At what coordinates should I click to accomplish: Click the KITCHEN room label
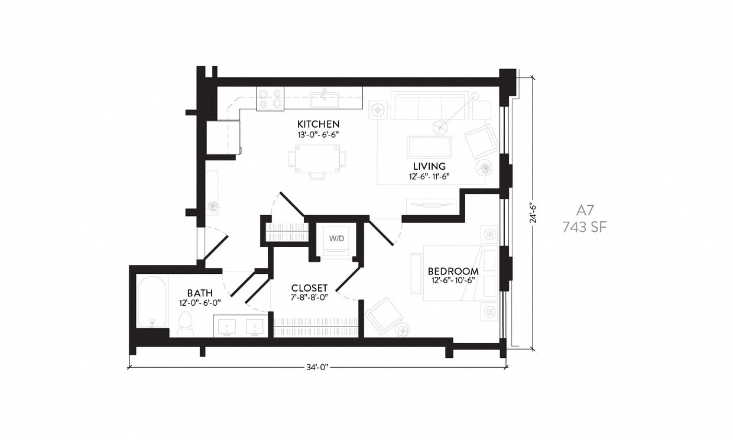(318, 124)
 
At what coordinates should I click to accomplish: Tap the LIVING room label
(429, 166)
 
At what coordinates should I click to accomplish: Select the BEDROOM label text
(453, 271)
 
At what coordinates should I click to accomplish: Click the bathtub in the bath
(152, 302)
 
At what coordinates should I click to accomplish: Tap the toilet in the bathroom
(185, 324)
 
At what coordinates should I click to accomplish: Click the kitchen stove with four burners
(270, 98)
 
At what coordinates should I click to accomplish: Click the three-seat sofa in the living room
(429, 107)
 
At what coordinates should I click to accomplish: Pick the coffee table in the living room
(429, 147)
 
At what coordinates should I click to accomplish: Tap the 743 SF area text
(584, 226)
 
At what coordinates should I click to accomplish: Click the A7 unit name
(584, 210)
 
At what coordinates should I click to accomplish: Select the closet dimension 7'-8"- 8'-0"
(309, 297)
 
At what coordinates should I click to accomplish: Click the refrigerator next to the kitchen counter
(223, 137)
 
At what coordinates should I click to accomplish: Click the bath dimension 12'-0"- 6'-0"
(200, 302)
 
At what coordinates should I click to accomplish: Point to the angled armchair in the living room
(481, 141)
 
